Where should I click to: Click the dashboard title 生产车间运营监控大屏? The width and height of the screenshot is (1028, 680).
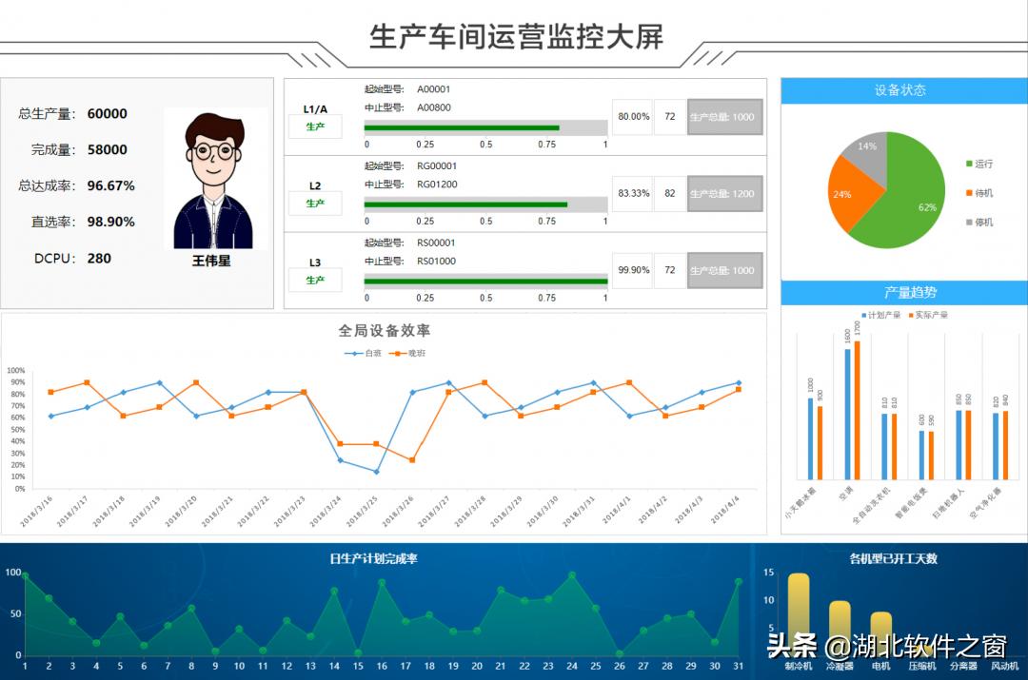tap(516, 36)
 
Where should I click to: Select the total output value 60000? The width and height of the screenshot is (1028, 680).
tap(107, 114)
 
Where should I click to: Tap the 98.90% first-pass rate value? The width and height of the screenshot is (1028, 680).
tap(110, 222)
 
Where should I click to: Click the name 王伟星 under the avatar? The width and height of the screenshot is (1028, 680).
tap(211, 260)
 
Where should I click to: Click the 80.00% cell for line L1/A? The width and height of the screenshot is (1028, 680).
tap(633, 117)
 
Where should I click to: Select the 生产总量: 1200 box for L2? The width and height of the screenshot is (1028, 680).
tap(724, 194)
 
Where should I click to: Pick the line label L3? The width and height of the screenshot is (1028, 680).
tap(315, 262)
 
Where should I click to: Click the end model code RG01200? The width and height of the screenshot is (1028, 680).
tap(437, 185)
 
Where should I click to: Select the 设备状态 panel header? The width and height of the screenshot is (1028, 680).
tap(900, 90)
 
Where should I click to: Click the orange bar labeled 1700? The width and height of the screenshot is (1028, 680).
tap(857, 409)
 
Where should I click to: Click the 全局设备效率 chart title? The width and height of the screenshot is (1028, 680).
tap(385, 331)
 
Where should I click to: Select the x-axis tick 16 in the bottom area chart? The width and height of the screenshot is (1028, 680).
tap(382, 667)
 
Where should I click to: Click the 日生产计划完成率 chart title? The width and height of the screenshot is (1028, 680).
tap(374, 559)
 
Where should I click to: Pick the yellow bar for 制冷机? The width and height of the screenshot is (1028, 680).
tap(798, 613)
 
